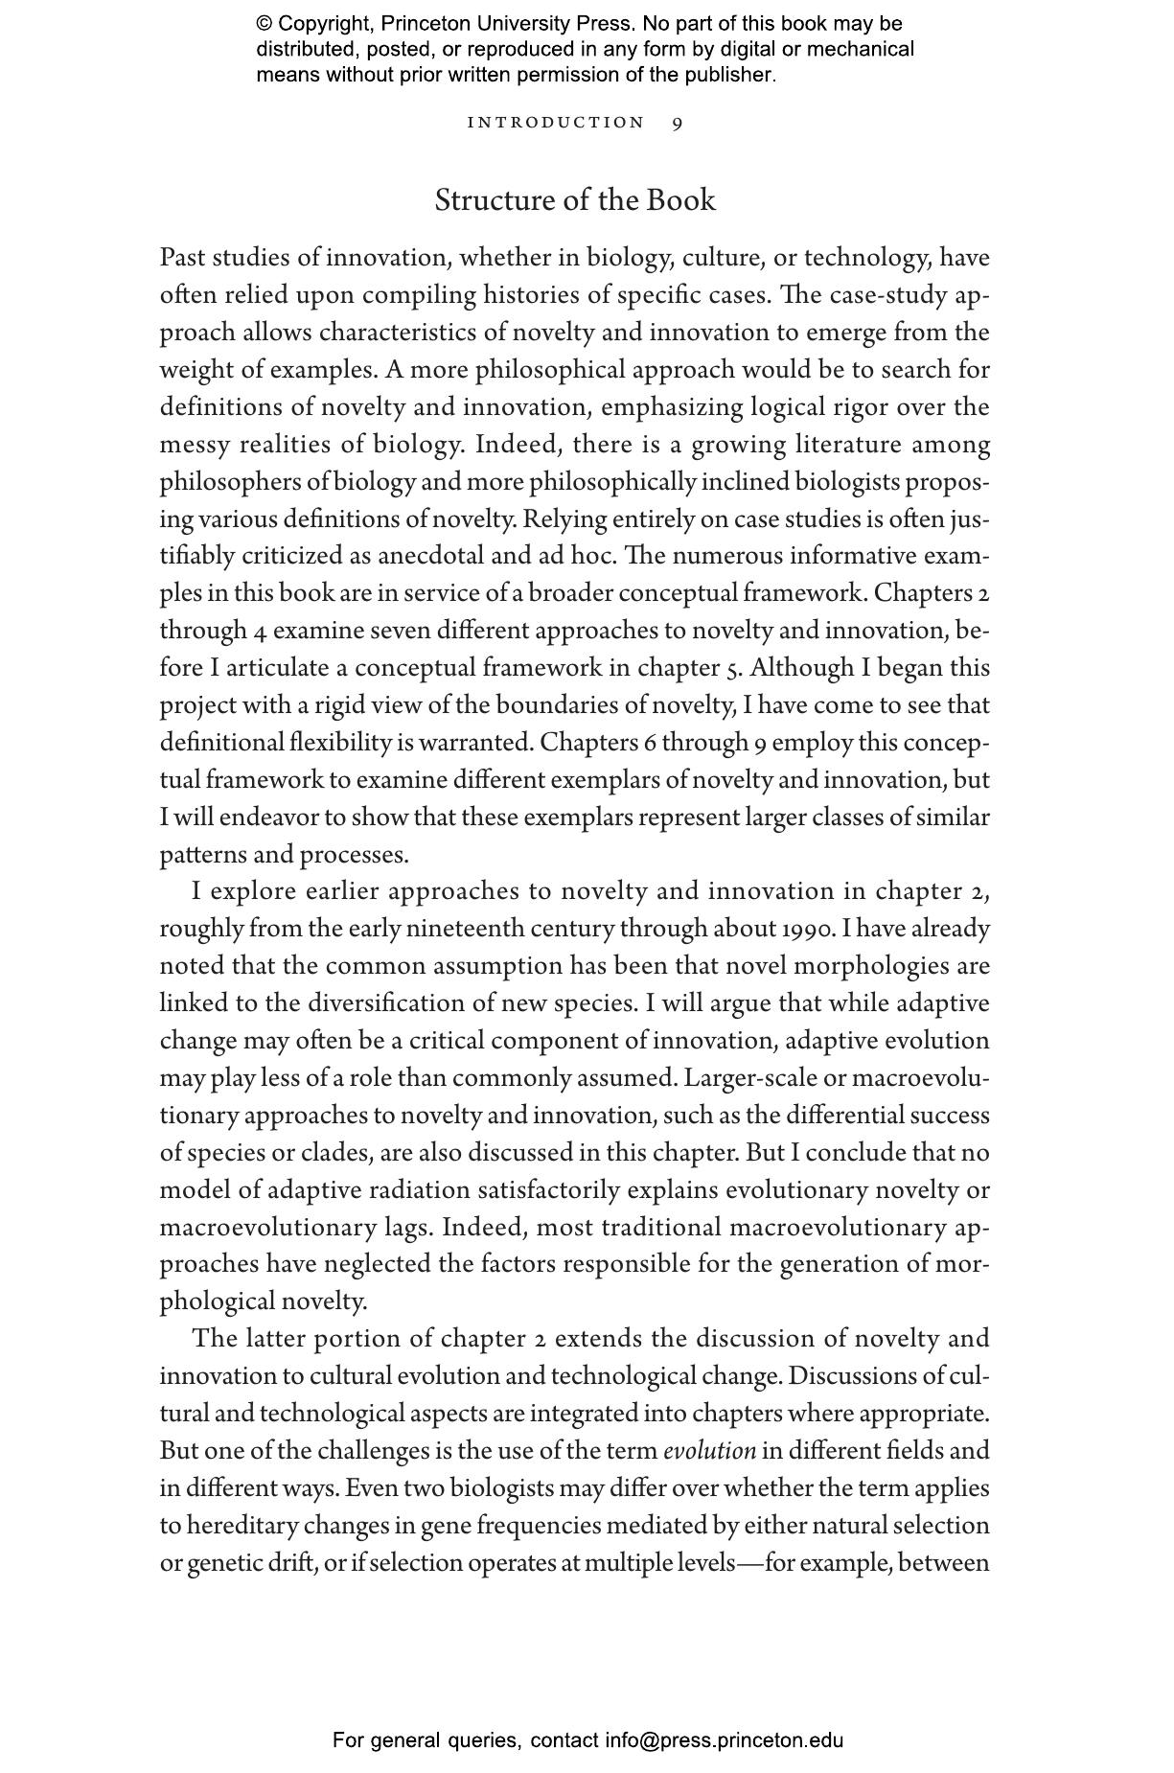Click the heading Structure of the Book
[x=575, y=200]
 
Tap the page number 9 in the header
[x=678, y=123]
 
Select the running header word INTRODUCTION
[x=556, y=123]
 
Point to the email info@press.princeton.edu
[x=724, y=1740]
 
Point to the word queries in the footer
[x=484, y=1740]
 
